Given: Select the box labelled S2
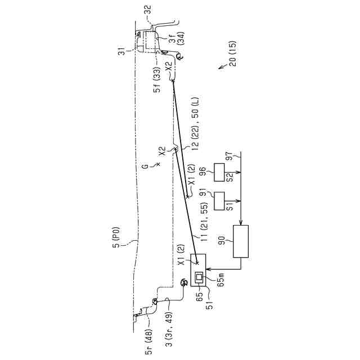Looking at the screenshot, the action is coord(219,172).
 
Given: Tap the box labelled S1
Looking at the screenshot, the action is coord(219,201).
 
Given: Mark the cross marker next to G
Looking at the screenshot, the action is coord(158,164).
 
